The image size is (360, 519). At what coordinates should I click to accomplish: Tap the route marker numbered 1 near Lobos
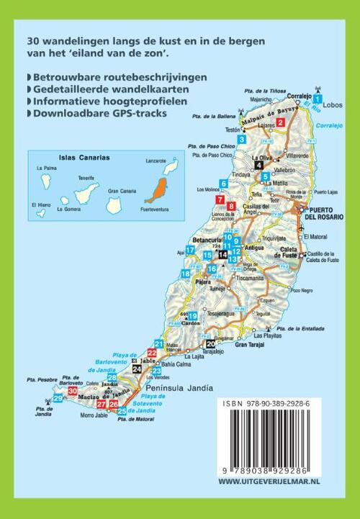318,99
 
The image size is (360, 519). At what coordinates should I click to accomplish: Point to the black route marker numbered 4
258,163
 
